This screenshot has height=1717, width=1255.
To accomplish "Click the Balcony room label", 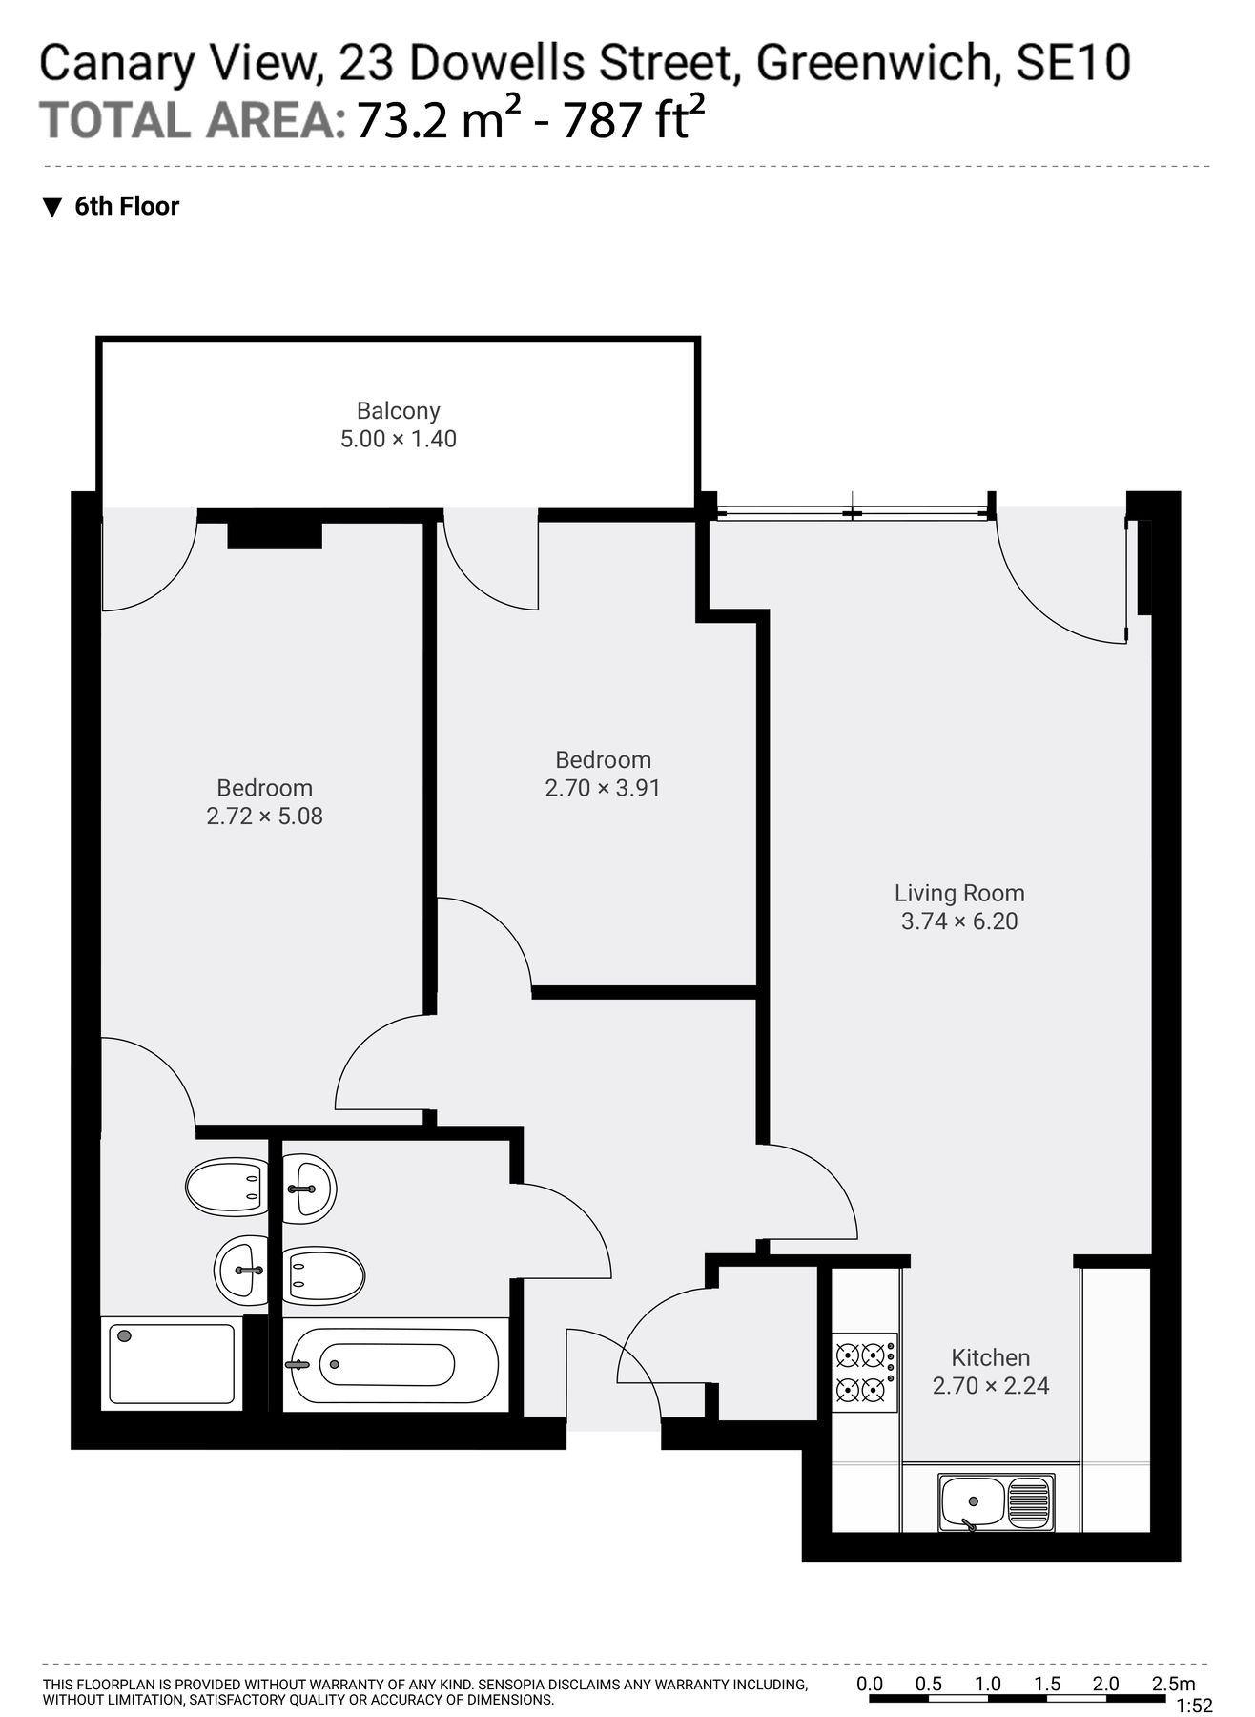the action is click(398, 411).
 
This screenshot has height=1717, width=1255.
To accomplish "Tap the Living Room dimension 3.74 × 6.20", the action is click(959, 921).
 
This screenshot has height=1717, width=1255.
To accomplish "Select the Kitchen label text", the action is click(990, 1357).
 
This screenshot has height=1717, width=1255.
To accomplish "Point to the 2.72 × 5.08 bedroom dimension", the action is click(264, 817).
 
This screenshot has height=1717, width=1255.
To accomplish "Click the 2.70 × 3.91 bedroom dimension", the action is click(603, 788).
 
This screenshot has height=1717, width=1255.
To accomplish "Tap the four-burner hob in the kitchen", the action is click(865, 1373).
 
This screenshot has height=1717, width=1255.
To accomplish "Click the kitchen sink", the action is click(996, 1502).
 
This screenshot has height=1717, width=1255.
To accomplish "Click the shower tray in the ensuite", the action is click(172, 1363).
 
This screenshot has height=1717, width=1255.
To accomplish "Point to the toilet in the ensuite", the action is click(224, 1187).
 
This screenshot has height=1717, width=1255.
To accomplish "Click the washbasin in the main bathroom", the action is click(309, 1189).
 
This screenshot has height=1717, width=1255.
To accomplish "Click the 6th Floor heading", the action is click(127, 207).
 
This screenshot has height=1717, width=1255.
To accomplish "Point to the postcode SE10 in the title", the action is click(1074, 63).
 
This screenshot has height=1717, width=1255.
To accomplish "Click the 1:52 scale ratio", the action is click(1195, 1706).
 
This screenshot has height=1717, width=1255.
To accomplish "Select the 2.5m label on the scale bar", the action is click(1172, 1684).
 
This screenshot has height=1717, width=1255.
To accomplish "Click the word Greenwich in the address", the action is click(877, 63).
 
